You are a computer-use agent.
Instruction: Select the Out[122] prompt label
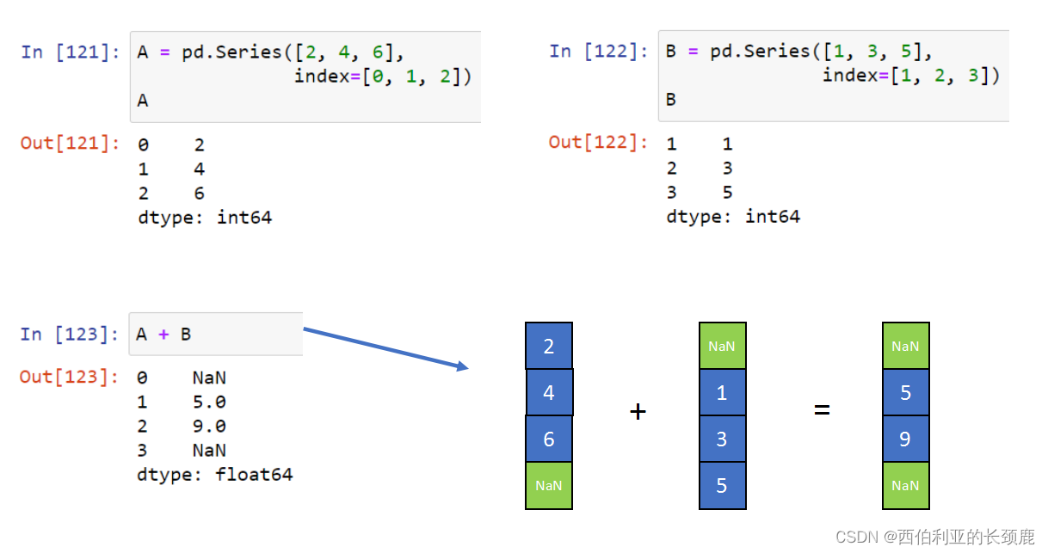pyautogui.click(x=598, y=142)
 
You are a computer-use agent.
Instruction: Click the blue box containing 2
pyautogui.click(x=549, y=347)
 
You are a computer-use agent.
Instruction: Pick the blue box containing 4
pyautogui.click(x=549, y=393)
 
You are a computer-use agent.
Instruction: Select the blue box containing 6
pyautogui.click(x=549, y=439)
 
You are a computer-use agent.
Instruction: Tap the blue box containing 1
pyautogui.click(x=722, y=393)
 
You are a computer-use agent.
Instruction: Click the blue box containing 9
pyautogui.click(x=905, y=439)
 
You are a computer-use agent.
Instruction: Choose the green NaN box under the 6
pyautogui.click(x=549, y=486)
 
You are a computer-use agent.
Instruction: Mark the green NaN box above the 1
pyautogui.click(x=722, y=347)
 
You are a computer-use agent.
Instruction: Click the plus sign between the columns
pyautogui.click(x=638, y=412)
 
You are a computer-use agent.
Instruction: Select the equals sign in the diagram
pyautogui.click(x=822, y=410)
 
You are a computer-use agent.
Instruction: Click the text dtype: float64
pyautogui.click(x=214, y=475)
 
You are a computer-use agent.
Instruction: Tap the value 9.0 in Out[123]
pyautogui.click(x=209, y=427)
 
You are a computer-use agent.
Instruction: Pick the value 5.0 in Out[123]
pyautogui.click(x=209, y=402)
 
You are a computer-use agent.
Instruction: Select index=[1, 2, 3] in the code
pyautogui.click(x=911, y=76)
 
